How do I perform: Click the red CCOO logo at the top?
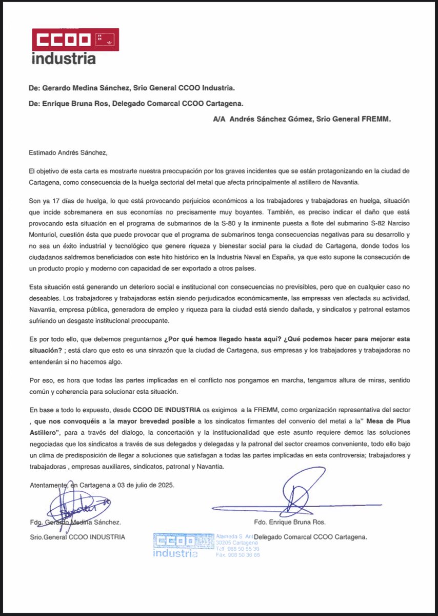tap(75, 40)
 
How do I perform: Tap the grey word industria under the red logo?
tap(64, 59)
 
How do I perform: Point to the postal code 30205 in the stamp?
tap(225, 542)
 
